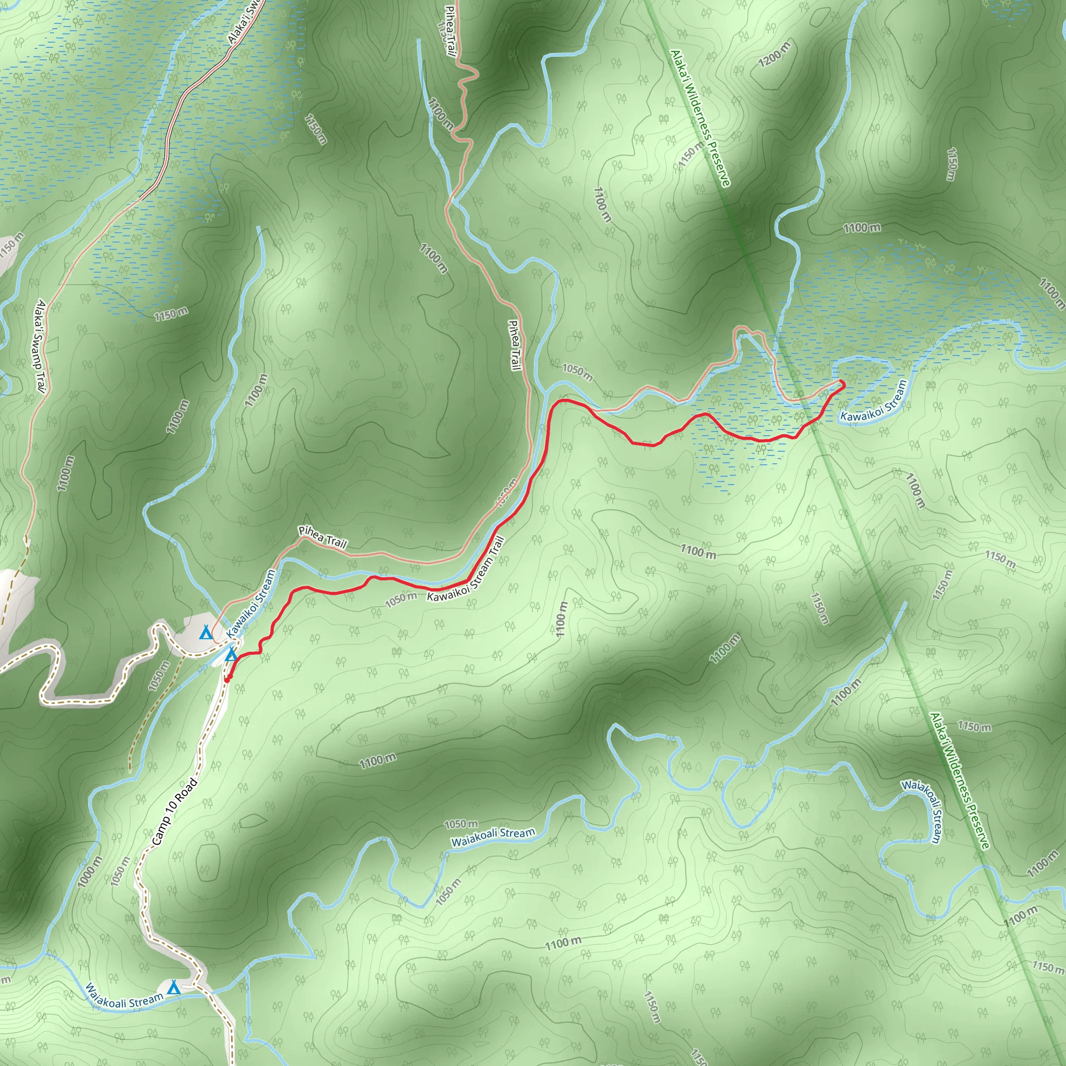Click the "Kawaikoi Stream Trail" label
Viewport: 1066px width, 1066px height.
pos(466,570)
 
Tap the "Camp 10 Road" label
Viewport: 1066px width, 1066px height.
pos(174,811)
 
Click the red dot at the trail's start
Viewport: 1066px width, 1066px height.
pos(227,680)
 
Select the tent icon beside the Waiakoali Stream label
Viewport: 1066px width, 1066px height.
pos(173,987)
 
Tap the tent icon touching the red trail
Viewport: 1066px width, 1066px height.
pos(232,655)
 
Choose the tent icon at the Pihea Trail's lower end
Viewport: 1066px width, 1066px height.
pos(205,633)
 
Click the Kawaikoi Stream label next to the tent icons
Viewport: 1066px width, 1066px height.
pos(251,604)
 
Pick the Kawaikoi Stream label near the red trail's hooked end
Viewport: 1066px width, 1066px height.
pos(873,401)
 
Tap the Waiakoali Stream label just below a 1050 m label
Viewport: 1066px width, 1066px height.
pos(493,837)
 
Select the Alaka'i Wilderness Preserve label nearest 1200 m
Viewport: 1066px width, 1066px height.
pos(700,118)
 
